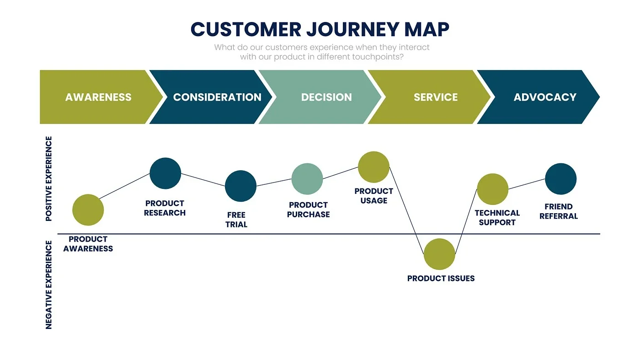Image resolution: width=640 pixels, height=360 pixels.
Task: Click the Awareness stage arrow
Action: pyautogui.click(x=98, y=97)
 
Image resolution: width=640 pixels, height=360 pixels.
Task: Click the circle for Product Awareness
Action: pyautogui.click(x=88, y=210)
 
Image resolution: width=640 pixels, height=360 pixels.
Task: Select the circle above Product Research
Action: pyautogui.click(x=165, y=173)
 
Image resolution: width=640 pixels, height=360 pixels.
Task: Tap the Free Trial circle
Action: pyautogui.click(x=240, y=186)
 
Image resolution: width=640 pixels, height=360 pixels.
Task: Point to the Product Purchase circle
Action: pyautogui.click(x=307, y=179)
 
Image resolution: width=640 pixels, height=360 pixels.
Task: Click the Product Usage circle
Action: pyautogui.click(x=373, y=167)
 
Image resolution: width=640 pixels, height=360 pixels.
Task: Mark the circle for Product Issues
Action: pyautogui.click(x=439, y=254)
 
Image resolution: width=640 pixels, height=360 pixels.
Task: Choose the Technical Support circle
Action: pyautogui.click(x=492, y=189)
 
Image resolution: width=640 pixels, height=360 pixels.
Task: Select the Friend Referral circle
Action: pyautogui.click(x=560, y=179)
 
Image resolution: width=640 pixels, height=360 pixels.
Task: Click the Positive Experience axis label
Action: pyautogui.click(x=49, y=179)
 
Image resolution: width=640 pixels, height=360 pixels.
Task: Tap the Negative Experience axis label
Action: pyautogui.click(x=49, y=284)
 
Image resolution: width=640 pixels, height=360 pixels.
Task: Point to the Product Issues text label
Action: pyautogui.click(x=441, y=278)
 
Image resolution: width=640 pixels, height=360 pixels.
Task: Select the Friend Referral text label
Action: pyautogui.click(x=559, y=211)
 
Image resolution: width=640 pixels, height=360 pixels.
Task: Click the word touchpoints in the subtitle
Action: pyautogui.click(x=378, y=57)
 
